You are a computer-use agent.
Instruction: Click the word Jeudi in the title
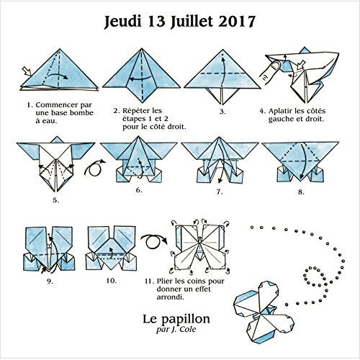pyautogui.click(x=122, y=22)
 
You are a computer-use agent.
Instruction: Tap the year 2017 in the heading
pyautogui.click(x=237, y=22)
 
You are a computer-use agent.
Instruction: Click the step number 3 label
pyautogui.click(x=222, y=112)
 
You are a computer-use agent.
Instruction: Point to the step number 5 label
pyautogui.click(x=56, y=200)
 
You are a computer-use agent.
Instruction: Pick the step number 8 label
pyautogui.click(x=301, y=192)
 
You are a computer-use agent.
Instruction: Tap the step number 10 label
pyautogui.click(x=112, y=280)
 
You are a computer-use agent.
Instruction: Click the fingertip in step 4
pyautogui.click(x=276, y=66)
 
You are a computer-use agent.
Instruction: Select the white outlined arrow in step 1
pyautogui.click(x=27, y=71)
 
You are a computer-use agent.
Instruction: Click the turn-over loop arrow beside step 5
pyautogui.click(x=94, y=168)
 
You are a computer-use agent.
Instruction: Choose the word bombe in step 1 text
pyautogui.click(x=81, y=113)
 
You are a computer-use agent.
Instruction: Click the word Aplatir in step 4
pyautogui.click(x=279, y=112)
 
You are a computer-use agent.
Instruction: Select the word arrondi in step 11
pyautogui.click(x=170, y=297)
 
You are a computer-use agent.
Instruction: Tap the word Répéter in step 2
pyautogui.click(x=135, y=111)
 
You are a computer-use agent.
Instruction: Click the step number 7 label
pyautogui.click(x=220, y=192)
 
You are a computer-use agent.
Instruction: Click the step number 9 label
pyautogui.click(x=50, y=282)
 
